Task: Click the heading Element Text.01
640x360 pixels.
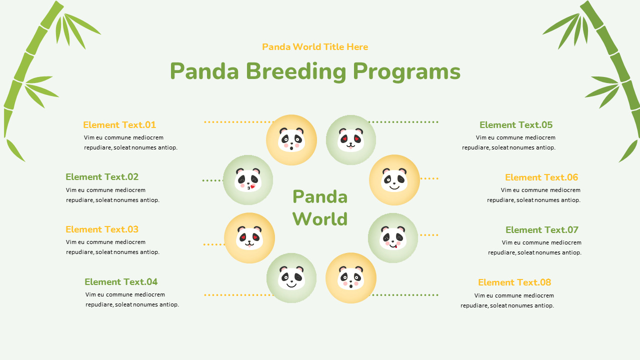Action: pos(119,125)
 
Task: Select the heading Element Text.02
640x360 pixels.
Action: pos(102,177)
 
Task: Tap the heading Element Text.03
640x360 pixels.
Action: pos(102,229)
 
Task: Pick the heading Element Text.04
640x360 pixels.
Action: pos(121,282)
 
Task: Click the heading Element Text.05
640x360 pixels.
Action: pos(516,125)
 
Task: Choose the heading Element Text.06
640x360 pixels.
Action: pos(541,177)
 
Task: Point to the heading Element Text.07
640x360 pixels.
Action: pos(542,230)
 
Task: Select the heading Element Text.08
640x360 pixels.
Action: pos(514,282)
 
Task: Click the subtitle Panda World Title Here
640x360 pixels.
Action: pos(315,47)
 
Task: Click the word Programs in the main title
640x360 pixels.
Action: pos(406,71)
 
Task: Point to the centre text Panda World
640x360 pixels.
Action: pos(320,207)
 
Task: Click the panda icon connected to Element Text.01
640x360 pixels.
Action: pos(291,140)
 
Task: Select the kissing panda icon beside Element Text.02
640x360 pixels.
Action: pos(248,180)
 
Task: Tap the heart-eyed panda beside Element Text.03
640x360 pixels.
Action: pos(249,238)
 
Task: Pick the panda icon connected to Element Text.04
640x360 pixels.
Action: pos(291,278)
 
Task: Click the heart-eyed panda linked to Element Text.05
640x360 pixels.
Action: pos(351,140)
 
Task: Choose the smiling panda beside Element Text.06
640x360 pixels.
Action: pos(394,180)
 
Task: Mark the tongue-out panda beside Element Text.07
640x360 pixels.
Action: pos(393,238)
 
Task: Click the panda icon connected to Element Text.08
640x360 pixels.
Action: pos(351,278)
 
